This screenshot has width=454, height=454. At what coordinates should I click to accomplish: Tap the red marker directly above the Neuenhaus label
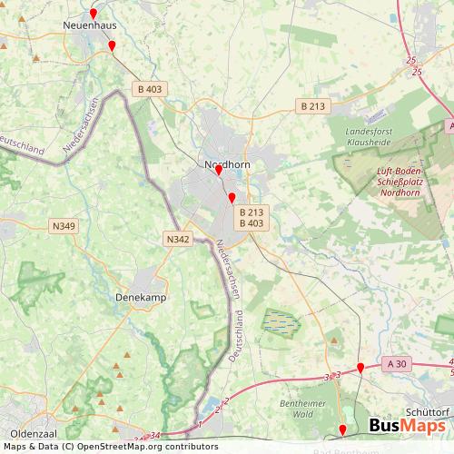[93, 13]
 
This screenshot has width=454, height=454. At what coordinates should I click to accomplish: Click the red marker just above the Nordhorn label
[218, 170]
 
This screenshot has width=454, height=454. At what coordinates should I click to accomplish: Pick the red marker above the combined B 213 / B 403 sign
[232, 198]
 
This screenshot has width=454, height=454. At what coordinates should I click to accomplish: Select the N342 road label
[178, 239]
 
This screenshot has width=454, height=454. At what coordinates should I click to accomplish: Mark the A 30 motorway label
[395, 363]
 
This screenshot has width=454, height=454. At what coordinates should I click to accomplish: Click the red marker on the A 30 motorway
[360, 368]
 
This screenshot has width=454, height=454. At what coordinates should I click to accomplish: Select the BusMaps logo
[407, 427]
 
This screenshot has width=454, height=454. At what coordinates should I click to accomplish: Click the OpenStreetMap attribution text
[104, 447]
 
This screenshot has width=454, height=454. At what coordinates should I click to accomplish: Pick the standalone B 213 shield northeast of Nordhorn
[312, 106]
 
